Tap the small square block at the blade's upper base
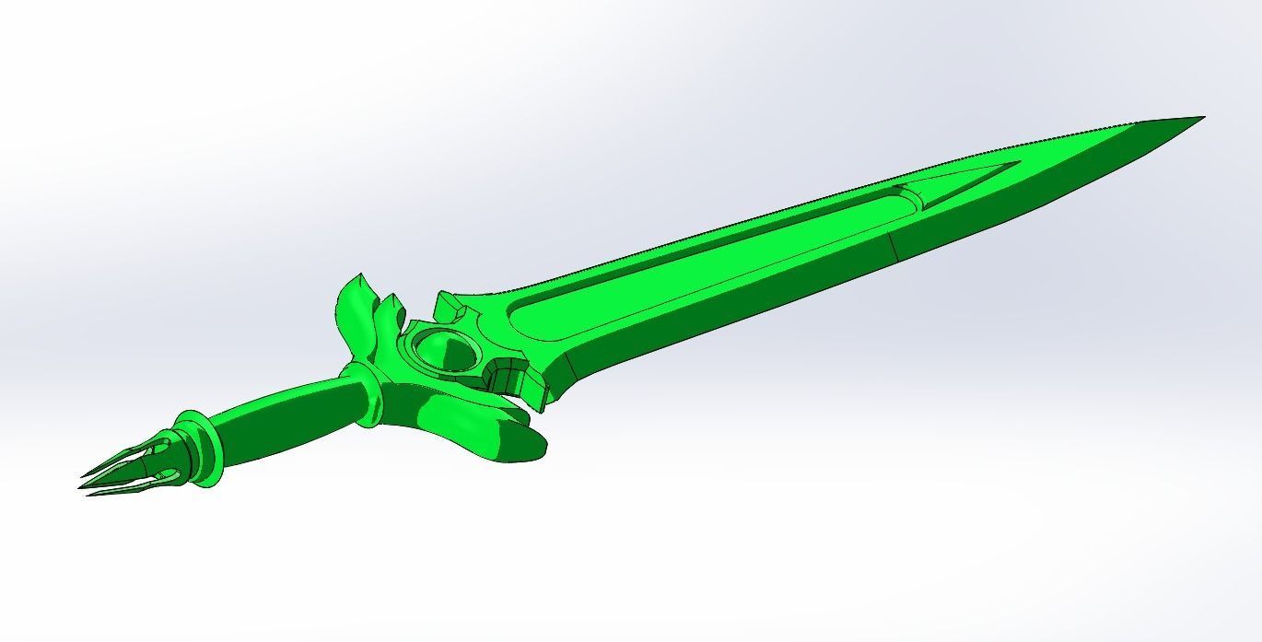tap(449, 301)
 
